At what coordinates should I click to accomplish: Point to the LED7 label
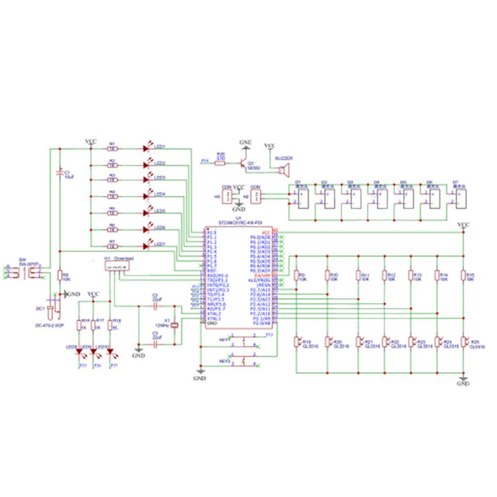[160, 244]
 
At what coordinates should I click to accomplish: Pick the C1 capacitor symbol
[59, 173]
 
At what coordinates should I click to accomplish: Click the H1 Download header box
[119, 265]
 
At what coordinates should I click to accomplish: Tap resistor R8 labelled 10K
[60, 275]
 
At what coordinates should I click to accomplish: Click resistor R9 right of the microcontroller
[296, 275]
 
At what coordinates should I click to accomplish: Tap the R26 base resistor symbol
[220, 164]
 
